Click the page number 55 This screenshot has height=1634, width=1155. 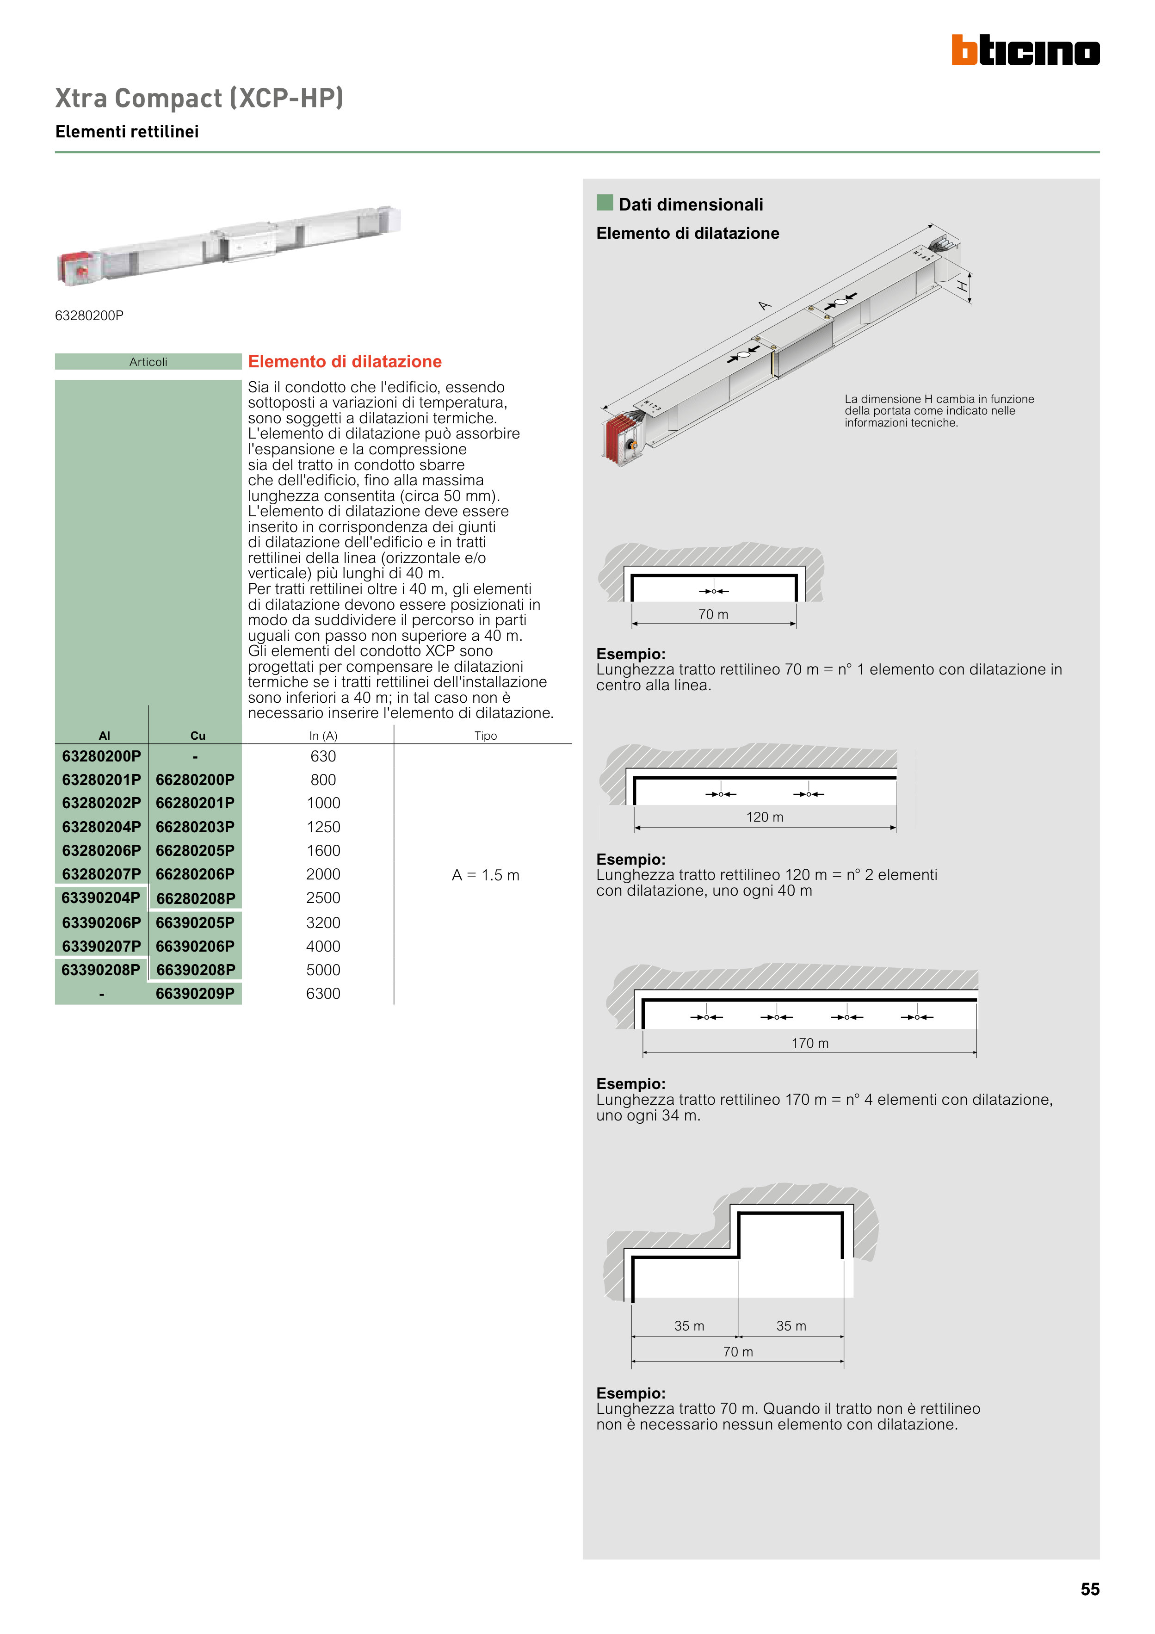pyautogui.click(x=1089, y=1589)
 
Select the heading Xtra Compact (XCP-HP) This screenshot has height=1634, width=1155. pyautogui.click(x=199, y=98)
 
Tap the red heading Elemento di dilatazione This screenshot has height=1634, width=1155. pyautogui.click(x=345, y=361)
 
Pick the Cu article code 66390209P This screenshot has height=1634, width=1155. pyautogui.click(x=195, y=994)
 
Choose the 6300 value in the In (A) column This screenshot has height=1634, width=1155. pyautogui.click(x=323, y=994)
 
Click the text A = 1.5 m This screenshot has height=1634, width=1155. pyautogui.click(x=485, y=875)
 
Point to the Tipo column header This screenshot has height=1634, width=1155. pyautogui.click(x=485, y=736)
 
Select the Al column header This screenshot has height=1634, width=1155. pyautogui.click(x=105, y=736)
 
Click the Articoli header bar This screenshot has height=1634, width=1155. pyautogui.click(x=148, y=361)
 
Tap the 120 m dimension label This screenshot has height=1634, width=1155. pyautogui.click(x=764, y=817)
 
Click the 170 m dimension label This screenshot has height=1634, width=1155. pyautogui.click(x=810, y=1043)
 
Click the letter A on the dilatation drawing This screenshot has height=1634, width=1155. pyautogui.click(x=764, y=306)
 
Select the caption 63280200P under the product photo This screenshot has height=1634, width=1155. pyautogui.click(x=89, y=315)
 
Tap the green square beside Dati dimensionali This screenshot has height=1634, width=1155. pyautogui.click(x=605, y=203)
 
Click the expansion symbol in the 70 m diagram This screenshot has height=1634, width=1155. pyautogui.click(x=714, y=591)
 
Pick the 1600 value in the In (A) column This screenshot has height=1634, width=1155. pyautogui.click(x=323, y=850)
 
